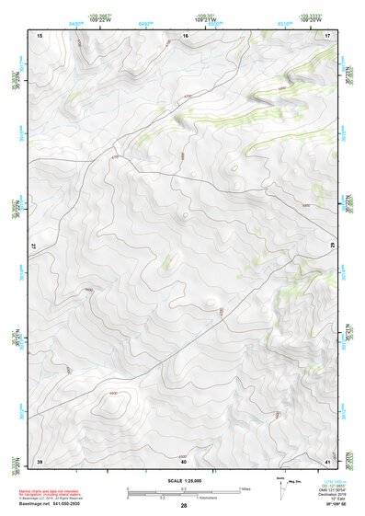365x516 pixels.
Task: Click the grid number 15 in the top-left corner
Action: pos(40,35)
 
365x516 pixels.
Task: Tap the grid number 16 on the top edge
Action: pos(185,35)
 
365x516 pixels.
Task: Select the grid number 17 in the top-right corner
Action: pos(327,35)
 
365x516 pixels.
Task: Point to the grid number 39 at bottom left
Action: pos(40,460)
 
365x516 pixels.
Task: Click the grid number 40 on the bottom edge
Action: pos(184,460)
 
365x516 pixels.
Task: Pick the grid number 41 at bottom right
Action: pos(327,460)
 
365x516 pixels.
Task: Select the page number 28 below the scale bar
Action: pos(184,507)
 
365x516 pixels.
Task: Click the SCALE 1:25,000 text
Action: pos(184,480)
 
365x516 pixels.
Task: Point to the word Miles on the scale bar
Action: pos(245,487)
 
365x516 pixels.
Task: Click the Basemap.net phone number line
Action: pos(51,507)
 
